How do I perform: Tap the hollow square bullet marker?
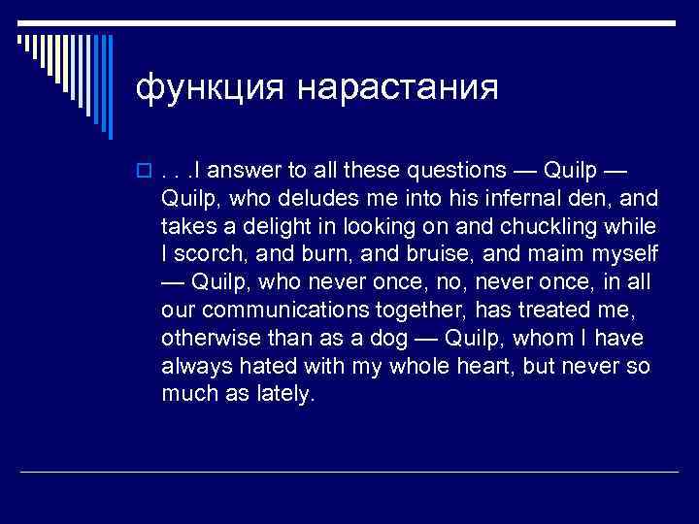point(143,173)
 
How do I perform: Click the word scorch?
point(207,254)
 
